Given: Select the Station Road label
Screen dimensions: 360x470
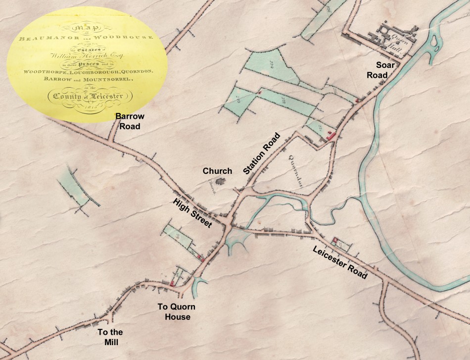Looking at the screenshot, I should (x=262, y=154).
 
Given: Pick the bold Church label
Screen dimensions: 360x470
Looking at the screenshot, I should (x=217, y=171).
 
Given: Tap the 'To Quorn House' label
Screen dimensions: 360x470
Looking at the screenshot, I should (x=174, y=311).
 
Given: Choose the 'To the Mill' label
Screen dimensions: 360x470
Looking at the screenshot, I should (x=110, y=337).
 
